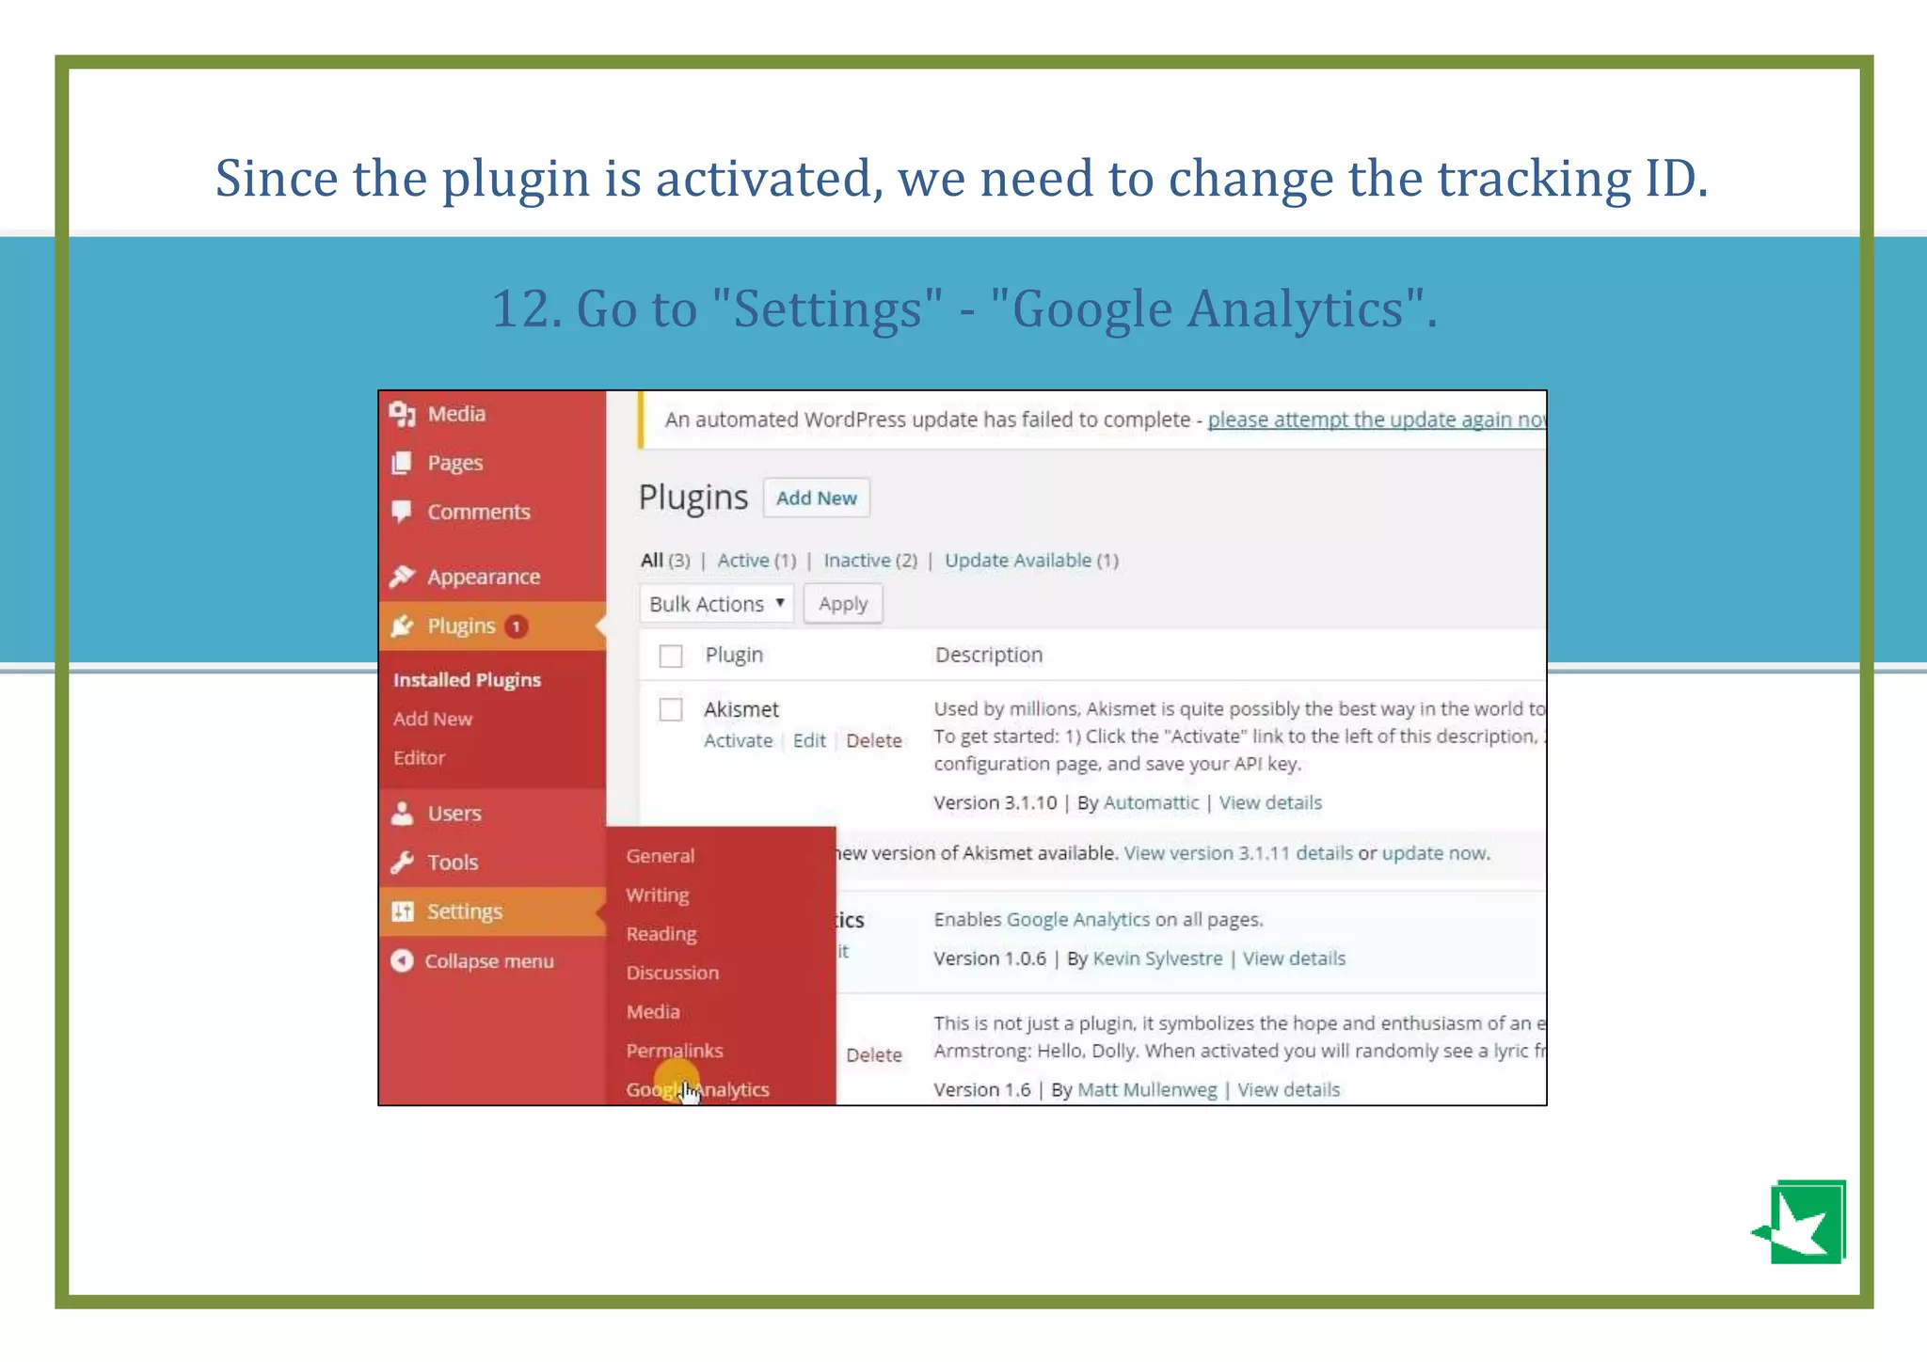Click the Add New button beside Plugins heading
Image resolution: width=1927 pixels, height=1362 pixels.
(x=816, y=499)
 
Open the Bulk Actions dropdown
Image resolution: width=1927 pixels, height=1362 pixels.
(x=716, y=604)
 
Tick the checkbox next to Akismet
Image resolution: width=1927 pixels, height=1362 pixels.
(x=671, y=709)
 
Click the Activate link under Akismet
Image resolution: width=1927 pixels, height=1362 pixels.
(x=738, y=741)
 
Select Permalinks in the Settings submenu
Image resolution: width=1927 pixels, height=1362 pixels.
(x=675, y=1051)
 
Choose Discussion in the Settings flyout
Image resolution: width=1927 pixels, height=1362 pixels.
(x=672, y=973)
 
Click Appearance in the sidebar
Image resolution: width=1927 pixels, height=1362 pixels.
(x=483, y=577)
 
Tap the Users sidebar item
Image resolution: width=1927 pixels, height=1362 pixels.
(x=454, y=814)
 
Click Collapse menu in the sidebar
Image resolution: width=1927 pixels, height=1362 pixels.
(x=488, y=961)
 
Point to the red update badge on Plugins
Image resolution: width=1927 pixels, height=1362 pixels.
(x=516, y=626)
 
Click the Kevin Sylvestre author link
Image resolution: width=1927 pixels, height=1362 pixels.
(x=1157, y=958)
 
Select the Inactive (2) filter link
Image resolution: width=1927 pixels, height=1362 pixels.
(x=869, y=561)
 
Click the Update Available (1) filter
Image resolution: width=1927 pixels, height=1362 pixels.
(x=1031, y=561)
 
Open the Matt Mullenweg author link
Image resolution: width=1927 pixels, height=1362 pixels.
(x=1147, y=1090)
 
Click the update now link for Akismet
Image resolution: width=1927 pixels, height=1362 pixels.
(x=1434, y=853)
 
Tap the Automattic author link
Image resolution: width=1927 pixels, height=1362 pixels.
(x=1151, y=803)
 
